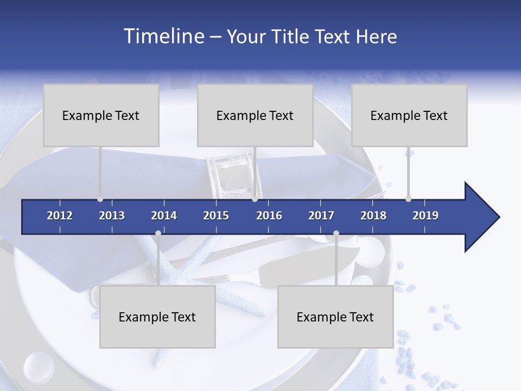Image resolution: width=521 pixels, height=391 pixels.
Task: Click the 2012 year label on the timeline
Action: (x=60, y=216)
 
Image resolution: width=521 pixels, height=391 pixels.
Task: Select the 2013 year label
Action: (x=112, y=216)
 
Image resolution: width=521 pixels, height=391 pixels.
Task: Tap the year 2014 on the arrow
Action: (x=164, y=216)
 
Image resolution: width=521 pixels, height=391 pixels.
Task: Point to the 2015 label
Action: (x=216, y=216)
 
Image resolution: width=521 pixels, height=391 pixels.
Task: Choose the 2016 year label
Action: (x=269, y=216)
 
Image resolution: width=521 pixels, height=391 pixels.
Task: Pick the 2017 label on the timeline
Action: (x=321, y=216)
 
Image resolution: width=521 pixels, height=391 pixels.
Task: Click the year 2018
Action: (x=373, y=216)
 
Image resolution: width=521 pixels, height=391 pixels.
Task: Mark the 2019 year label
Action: (x=425, y=216)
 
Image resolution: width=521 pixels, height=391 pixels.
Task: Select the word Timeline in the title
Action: (x=163, y=36)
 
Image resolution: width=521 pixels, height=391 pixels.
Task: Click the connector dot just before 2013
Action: (x=100, y=199)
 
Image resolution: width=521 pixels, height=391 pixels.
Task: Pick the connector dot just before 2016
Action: (x=255, y=199)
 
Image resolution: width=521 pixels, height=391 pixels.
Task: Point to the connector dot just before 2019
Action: (x=408, y=199)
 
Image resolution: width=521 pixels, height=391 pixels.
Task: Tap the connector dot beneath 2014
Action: (x=158, y=234)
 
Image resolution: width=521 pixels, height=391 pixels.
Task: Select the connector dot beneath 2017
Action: (x=336, y=234)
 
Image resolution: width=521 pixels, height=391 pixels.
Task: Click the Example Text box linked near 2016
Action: (x=255, y=115)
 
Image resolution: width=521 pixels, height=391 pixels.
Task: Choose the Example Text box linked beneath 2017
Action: (x=335, y=317)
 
